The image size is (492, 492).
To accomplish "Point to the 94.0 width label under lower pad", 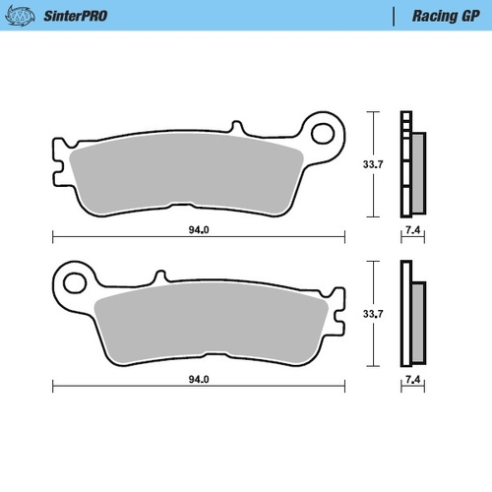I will coord(199,381).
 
